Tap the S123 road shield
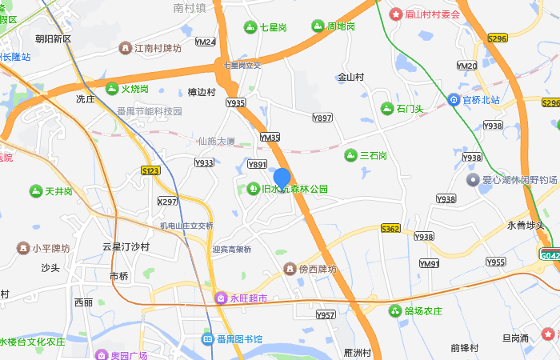click(x=150, y=170)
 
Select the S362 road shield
click(x=390, y=229)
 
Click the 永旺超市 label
click(x=247, y=298)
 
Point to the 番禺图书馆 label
click(x=239, y=339)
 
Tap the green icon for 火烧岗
click(x=112, y=88)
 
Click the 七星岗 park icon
click(x=251, y=26)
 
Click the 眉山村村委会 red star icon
click(x=394, y=14)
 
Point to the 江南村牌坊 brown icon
click(x=125, y=48)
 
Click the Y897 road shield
click(x=322, y=118)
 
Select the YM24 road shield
click(x=206, y=42)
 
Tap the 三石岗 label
click(x=373, y=155)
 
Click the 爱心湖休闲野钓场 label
click(x=519, y=180)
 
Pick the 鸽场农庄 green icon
click(x=394, y=310)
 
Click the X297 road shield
click(x=167, y=202)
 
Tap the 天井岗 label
click(x=58, y=192)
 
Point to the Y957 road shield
click(x=326, y=315)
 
